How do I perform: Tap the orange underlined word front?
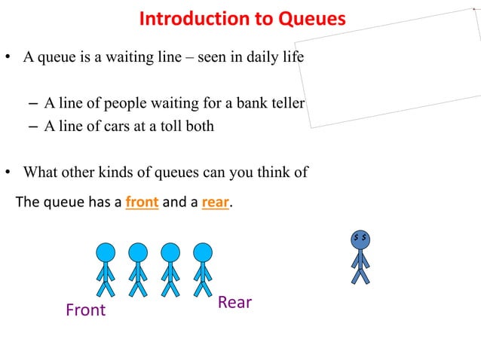coord(142,202)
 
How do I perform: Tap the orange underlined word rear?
coord(215,202)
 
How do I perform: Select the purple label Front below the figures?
coord(86,310)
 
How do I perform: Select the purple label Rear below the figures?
coord(234,302)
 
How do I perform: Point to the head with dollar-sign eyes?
coord(361,238)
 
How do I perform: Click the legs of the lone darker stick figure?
coord(361,274)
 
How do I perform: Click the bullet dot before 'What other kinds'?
coord(9,172)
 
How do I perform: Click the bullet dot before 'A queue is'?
coord(9,59)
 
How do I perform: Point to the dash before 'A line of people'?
coord(32,103)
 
